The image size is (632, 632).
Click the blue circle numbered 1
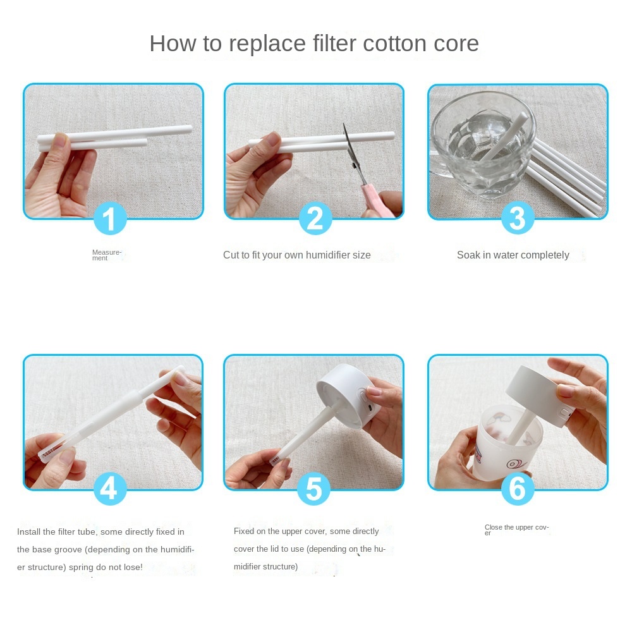tap(110, 218)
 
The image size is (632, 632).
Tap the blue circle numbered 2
tap(315, 218)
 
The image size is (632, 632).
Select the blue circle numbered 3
tap(518, 218)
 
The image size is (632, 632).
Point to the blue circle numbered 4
tap(110, 489)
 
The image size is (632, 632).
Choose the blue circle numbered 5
tap(313, 489)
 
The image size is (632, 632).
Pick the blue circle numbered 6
tap(518, 489)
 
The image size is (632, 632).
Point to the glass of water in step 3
tap(482, 145)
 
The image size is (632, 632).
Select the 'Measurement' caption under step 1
tap(106, 255)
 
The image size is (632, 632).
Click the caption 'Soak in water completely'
tap(513, 255)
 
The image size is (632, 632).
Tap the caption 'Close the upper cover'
tap(516, 530)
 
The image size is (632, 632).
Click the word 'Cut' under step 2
tap(231, 255)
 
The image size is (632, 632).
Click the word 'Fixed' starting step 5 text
tap(243, 531)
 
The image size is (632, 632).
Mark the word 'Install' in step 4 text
tap(28, 532)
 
